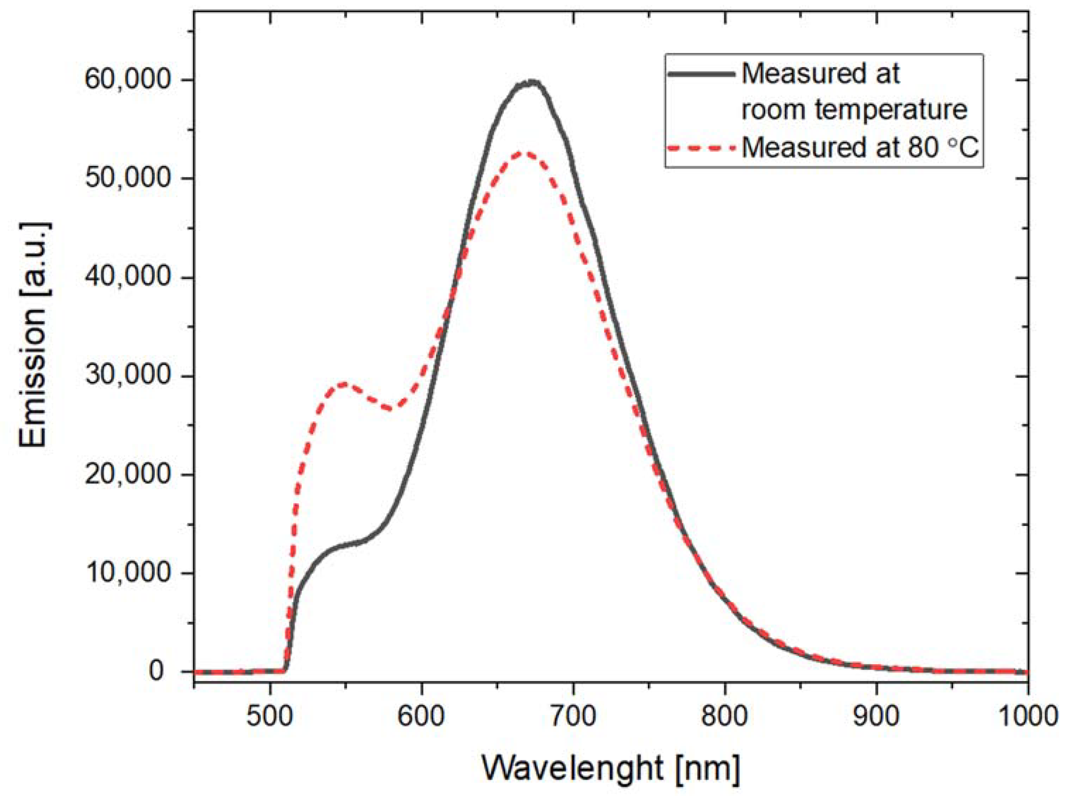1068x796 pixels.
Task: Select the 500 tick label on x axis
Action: (269, 717)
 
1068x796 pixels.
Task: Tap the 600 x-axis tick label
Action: (421, 717)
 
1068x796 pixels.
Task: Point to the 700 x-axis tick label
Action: (573, 717)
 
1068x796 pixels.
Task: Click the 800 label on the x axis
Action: (725, 717)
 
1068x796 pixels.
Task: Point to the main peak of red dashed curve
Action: (528, 153)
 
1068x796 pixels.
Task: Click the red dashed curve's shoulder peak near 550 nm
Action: (344, 384)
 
